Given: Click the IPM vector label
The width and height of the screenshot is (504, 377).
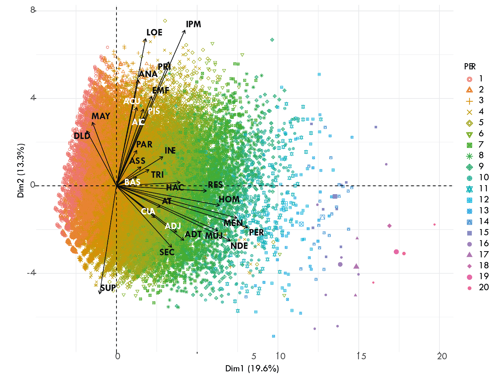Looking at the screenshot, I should click(x=193, y=24).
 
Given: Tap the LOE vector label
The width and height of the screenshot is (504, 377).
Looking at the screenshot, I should click(x=154, y=33).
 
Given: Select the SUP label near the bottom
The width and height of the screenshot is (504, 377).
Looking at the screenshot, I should click(x=108, y=288).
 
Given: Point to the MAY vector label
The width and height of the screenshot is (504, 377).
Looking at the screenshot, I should click(x=101, y=116).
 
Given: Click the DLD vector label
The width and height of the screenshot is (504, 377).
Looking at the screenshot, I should click(x=82, y=136).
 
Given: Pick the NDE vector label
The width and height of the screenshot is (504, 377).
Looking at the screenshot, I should click(x=239, y=246).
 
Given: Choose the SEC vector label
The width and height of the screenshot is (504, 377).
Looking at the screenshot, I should click(x=167, y=252).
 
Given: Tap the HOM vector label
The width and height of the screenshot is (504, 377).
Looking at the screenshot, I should click(x=229, y=200).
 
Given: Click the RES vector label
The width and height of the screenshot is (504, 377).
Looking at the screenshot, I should click(x=215, y=185).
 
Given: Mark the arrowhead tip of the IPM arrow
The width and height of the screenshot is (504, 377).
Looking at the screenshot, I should click(x=185, y=30).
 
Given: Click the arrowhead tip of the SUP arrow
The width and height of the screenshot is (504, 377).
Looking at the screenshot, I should click(x=99, y=294).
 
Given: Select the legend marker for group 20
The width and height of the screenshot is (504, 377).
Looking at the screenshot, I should click(x=469, y=288).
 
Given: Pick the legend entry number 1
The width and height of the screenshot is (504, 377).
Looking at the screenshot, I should click(x=481, y=79).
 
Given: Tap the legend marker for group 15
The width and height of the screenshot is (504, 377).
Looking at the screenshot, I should click(x=469, y=233).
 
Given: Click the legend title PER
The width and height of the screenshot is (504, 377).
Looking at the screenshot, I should click(x=470, y=67).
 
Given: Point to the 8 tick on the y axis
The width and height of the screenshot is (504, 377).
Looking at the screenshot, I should click(x=33, y=10).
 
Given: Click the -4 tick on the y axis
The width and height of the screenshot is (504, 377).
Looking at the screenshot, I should click(x=31, y=272).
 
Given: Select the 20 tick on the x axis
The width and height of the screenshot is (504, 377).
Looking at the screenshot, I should click(x=442, y=356).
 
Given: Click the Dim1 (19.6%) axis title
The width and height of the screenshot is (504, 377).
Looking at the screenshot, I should click(x=252, y=369).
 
